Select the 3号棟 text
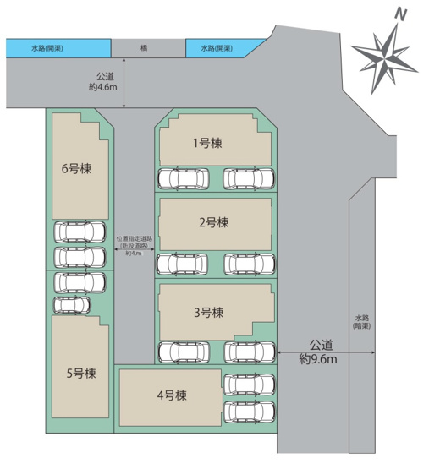[208, 312]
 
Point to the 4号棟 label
[171, 394]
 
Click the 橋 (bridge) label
[147, 49]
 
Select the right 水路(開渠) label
[217, 49]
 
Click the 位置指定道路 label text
[134, 239]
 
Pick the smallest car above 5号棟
[71, 303]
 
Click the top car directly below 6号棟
[79, 232]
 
